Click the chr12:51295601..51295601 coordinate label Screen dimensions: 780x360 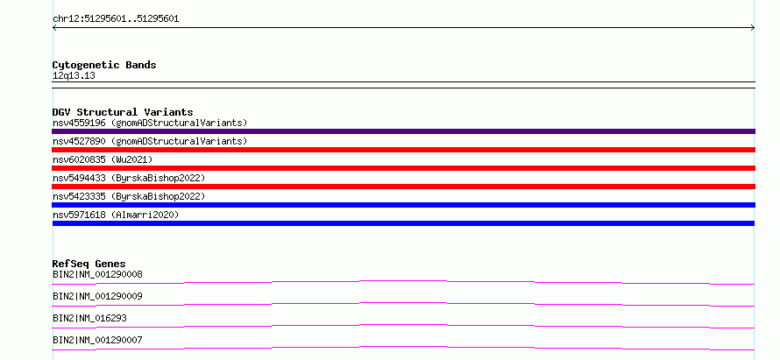click(116, 19)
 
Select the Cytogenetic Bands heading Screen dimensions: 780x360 click(104, 65)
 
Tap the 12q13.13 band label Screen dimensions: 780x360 click(74, 76)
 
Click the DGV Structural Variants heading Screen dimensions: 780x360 click(123, 112)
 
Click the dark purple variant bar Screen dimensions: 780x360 click(403, 131)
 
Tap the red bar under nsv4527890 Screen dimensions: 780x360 click(403, 150)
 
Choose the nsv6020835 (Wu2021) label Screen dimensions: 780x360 click(103, 159)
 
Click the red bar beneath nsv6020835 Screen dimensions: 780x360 click(403, 168)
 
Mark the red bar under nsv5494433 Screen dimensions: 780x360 click(403, 187)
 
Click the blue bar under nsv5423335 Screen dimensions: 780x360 click(403, 205)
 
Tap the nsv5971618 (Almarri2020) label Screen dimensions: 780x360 click(116, 215)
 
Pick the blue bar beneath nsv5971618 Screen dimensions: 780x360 click(403, 223)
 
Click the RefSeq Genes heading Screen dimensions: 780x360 click(89, 264)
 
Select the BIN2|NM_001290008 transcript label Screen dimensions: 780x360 click(97, 274)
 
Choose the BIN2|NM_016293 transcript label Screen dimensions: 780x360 click(86, 318)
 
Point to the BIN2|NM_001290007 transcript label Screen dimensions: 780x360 click(97, 340)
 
